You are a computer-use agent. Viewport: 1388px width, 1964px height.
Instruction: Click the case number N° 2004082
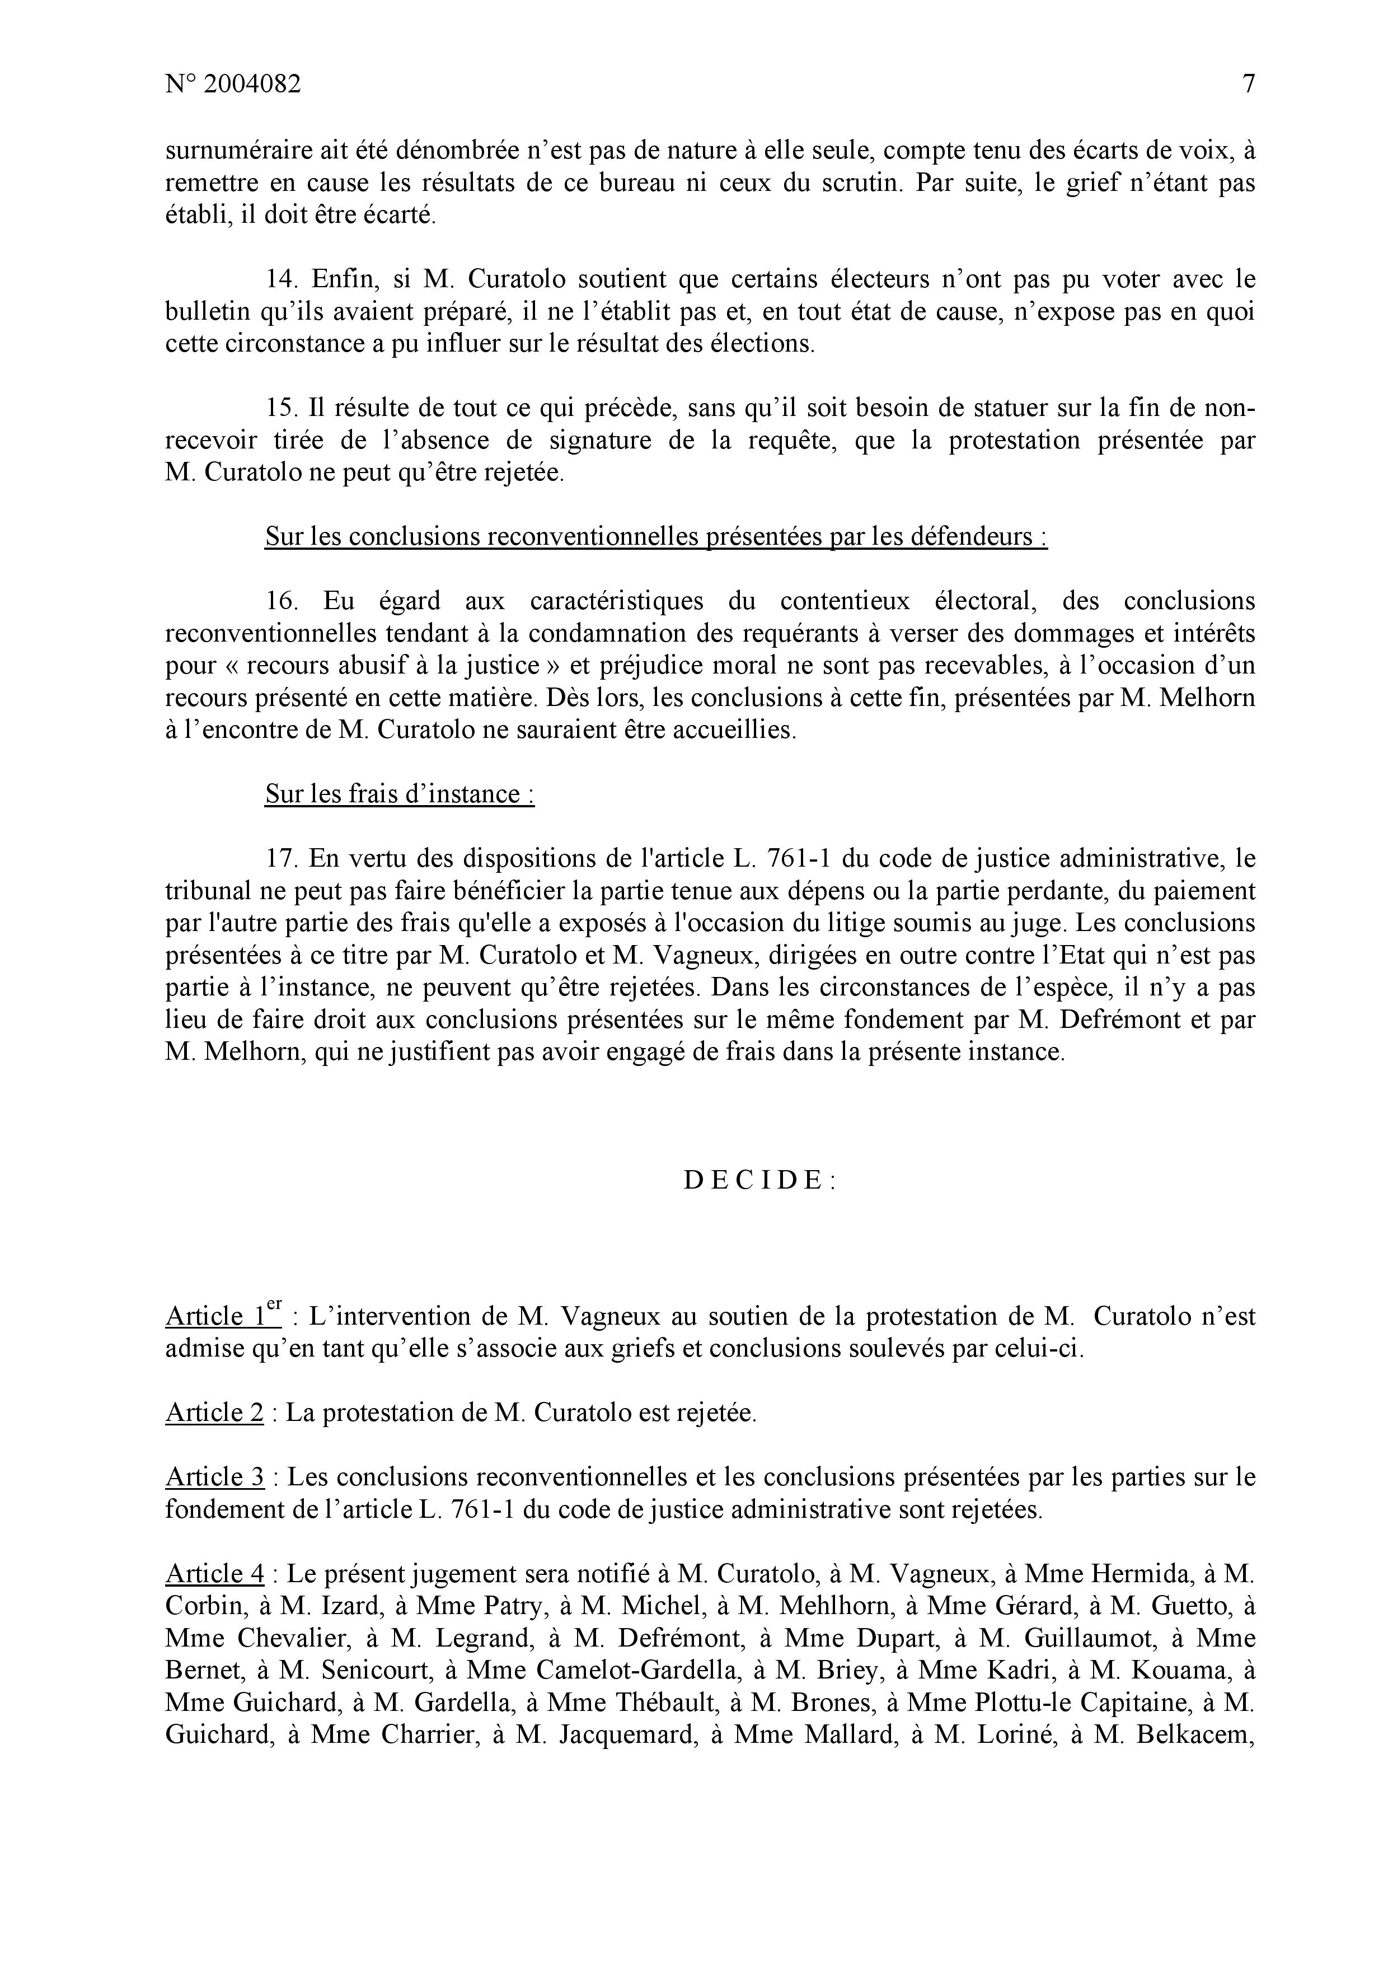(x=233, y=85)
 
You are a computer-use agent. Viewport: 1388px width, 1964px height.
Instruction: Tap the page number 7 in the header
(x=1248, y=85)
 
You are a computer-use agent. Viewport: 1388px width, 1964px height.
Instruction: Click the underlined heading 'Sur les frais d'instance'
(x=400, y=794)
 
